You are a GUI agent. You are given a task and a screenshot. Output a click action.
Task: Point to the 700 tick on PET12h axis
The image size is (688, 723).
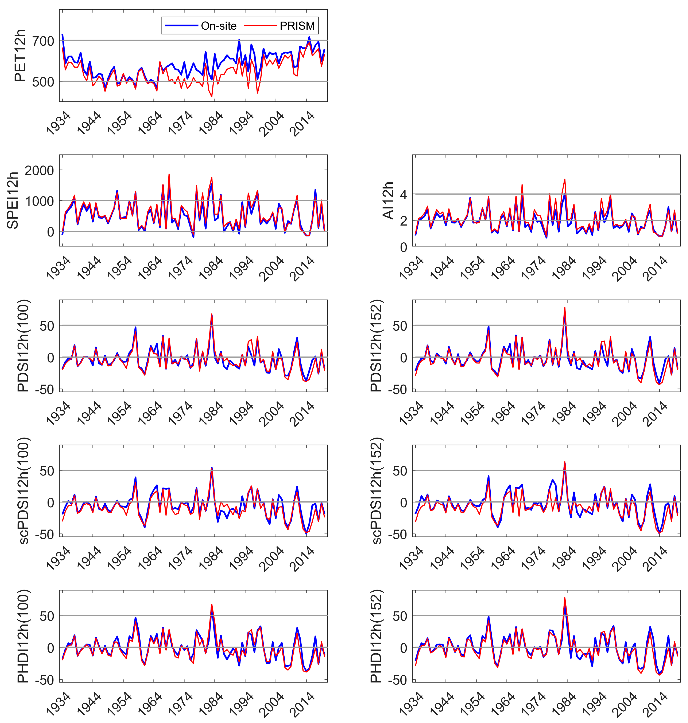point(43,41)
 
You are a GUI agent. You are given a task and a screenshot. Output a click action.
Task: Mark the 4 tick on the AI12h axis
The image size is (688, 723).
point(403,194)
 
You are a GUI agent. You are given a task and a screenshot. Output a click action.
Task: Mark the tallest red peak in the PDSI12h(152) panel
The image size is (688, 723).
point(565,307)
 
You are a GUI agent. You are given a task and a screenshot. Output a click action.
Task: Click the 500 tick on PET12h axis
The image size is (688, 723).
point(43,81)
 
